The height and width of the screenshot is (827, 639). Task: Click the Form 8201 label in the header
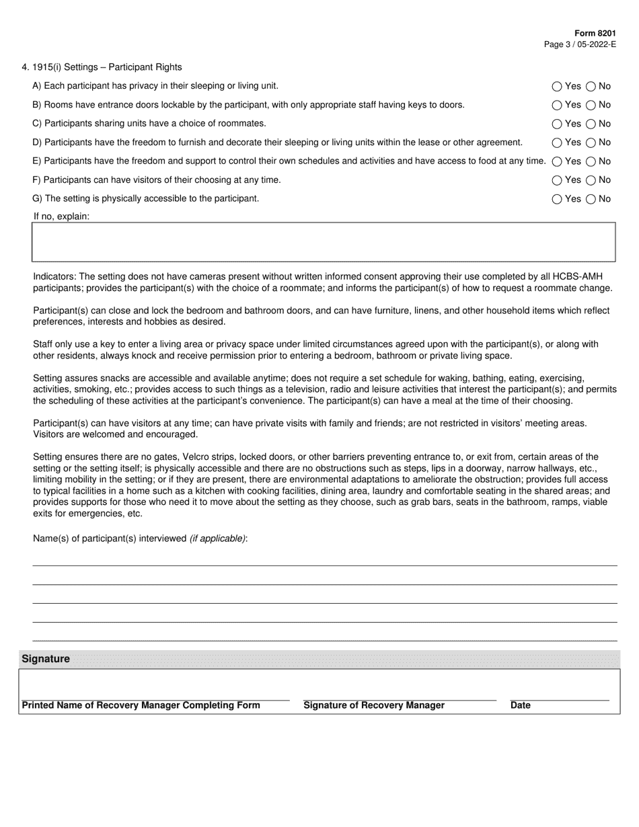coord(595,34)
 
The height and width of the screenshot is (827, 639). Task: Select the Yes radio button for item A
coord(556,86)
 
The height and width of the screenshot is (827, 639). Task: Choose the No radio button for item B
coord(591,105)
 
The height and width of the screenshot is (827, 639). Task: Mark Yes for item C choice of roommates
coord(556,124)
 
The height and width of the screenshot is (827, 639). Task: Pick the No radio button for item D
coord(591,143)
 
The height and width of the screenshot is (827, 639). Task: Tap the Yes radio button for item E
coord(556,161)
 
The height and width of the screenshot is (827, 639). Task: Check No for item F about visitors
coord(591,180)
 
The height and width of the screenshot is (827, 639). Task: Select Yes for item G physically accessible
coord(556,199)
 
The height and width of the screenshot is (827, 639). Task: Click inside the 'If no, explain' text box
coord(323,242)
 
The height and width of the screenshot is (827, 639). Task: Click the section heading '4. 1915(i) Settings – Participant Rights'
coord(102,67)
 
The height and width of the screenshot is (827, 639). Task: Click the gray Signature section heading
coord(46,659)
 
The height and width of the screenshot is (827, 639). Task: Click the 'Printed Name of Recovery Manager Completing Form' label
coord(141,705)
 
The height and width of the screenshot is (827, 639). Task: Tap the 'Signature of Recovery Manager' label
coord(374,705)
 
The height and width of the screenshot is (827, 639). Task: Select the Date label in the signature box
coord(521,705)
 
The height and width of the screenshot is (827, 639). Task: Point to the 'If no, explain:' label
coord(61,216)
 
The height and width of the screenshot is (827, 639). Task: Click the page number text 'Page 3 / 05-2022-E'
coord(580,44)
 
